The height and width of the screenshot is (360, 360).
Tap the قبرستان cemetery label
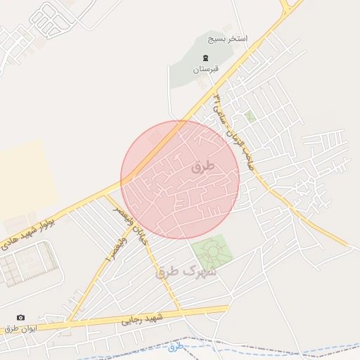[206, 70]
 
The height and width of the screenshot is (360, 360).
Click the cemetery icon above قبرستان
[205, 58]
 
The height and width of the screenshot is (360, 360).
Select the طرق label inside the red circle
[201, 167]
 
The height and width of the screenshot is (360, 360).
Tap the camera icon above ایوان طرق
[20, 318]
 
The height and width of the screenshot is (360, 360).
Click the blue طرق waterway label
[176, 346]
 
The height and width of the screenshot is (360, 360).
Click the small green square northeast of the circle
[250, 116]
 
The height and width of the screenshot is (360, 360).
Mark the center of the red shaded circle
[180, 179]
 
